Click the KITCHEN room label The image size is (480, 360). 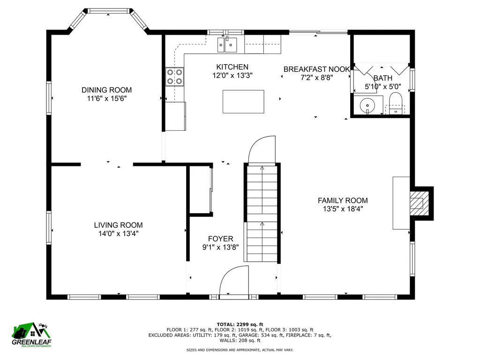tap(232, 67)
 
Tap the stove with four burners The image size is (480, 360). tap(174, 77)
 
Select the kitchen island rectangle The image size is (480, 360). tap(243, 101)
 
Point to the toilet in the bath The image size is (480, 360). tap(397, 103)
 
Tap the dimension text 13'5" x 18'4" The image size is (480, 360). tap(343, 209)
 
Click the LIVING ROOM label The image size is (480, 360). tap(118, 225)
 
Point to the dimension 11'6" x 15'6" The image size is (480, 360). tap(107, 98)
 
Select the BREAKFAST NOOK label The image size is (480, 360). tap(316, 69)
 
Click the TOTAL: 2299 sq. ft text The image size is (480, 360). tap(240, 324)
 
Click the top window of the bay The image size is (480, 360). tap(109, 11)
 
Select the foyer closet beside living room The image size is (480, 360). tap(201, 190)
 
